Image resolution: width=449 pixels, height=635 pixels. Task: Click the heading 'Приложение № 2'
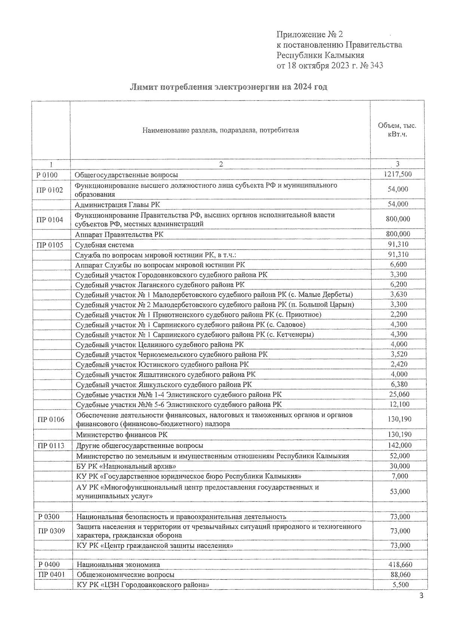[x=309, y=35]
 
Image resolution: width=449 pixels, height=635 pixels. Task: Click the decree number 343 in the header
[x=376, y=66]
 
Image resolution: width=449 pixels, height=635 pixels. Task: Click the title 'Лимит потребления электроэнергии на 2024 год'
[x=228, y=87]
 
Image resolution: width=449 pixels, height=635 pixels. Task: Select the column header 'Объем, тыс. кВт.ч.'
[x=397, y=129]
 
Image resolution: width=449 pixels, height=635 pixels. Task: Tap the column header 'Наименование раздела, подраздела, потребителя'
[x=220, y=130]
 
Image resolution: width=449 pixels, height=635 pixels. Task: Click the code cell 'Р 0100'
[x=47, y=175]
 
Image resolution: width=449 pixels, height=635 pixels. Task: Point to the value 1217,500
[x=398, y=174]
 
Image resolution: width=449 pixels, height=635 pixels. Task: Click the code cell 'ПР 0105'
[x=50, y=245]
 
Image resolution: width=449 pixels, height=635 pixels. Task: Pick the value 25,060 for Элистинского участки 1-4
[x=399, y=394]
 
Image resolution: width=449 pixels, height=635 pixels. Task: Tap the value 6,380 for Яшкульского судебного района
[x=399, y=384]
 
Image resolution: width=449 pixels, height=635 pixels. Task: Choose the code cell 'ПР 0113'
[x=51, y=446]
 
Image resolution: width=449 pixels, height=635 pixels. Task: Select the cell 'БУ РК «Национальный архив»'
[x=126, y=466]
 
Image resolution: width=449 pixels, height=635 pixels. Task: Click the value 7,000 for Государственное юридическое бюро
[x=400, y=476]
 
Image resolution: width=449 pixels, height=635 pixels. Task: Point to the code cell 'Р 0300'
[x=49, y=517]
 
